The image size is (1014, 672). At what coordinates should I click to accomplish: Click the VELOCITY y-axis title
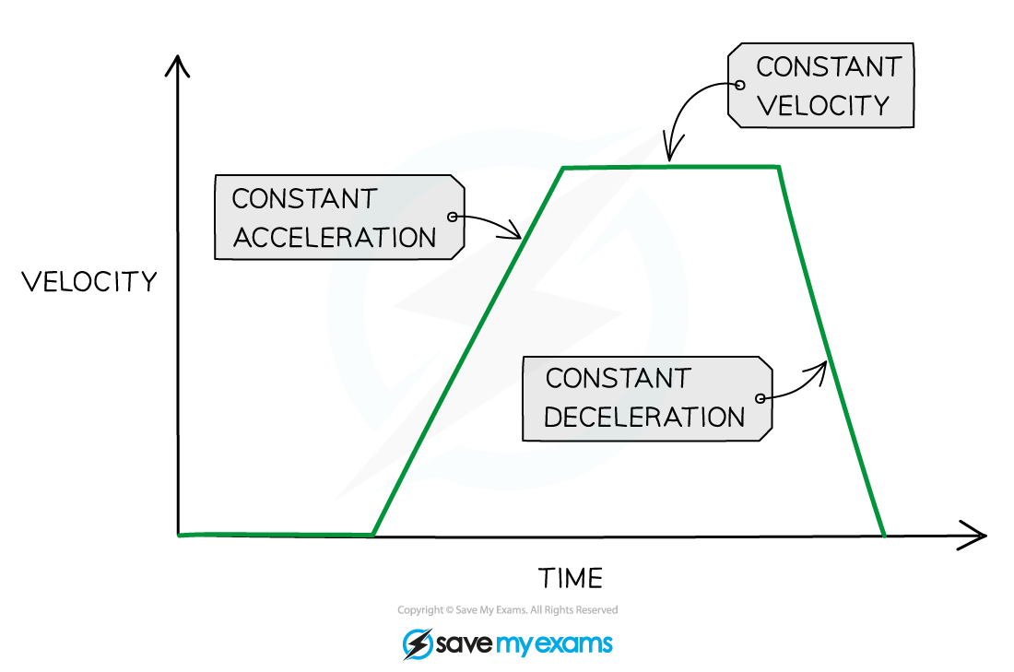coord(89,281)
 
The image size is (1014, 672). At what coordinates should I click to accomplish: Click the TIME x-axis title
coord(571,578)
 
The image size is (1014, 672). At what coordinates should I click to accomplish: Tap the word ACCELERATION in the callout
coord(335,238)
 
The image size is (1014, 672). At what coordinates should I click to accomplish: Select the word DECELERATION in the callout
coord(644,418)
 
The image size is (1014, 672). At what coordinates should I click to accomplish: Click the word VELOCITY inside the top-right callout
coord(823,106)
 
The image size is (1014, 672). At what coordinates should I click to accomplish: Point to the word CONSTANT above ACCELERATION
coord(304,198)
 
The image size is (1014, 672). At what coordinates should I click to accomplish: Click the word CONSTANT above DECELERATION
coord(618,378)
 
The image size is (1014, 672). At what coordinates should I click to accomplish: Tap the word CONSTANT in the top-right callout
coord(829,66)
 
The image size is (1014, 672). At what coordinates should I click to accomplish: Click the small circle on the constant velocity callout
coord(740,85)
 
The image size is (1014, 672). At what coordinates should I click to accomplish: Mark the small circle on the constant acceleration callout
coord(453,217)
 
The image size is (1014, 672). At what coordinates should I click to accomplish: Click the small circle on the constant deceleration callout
coord(760,398)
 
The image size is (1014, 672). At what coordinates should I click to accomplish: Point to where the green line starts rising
coord(373,535)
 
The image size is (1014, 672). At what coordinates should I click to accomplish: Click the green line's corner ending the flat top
coord(779,167)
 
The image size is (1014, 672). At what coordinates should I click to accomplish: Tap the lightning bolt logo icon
coord(418,643)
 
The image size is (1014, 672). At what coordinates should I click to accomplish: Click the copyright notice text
coord(508,610)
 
